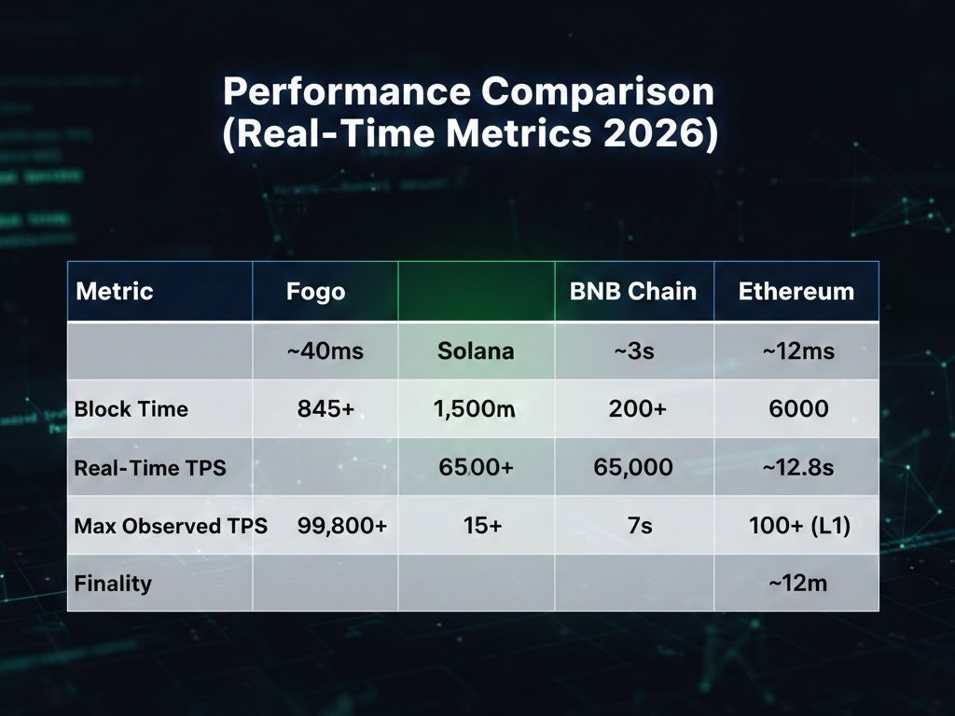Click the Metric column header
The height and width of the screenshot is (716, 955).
coord(115,291)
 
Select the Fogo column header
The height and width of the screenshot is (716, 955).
coord(315,292)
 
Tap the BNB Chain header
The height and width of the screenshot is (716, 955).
coord(633,291)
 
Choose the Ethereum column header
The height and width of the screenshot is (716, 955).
coord(796,291)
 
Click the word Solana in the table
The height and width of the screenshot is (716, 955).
coord(476,351)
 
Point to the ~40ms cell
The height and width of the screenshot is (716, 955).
coord(325,351)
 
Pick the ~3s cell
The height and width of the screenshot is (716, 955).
coord(634,351)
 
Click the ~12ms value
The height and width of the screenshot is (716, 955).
coord(798,351)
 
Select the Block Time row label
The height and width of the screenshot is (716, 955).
coord(131,408)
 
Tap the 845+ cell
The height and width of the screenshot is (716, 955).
coord(325,408)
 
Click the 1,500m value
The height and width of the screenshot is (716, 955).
coord(475,408)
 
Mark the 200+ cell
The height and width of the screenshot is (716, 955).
coord(638,408)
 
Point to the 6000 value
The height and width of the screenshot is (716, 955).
coord(798,408)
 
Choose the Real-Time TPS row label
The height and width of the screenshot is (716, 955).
coord(150,468)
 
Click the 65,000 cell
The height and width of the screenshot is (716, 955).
coord(633,467)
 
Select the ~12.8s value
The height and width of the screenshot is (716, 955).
coord(798,467)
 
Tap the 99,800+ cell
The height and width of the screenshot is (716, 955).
coord(342,526)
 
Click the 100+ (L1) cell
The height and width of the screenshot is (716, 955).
coord(799,526)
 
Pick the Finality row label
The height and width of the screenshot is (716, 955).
coord(113,584)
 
